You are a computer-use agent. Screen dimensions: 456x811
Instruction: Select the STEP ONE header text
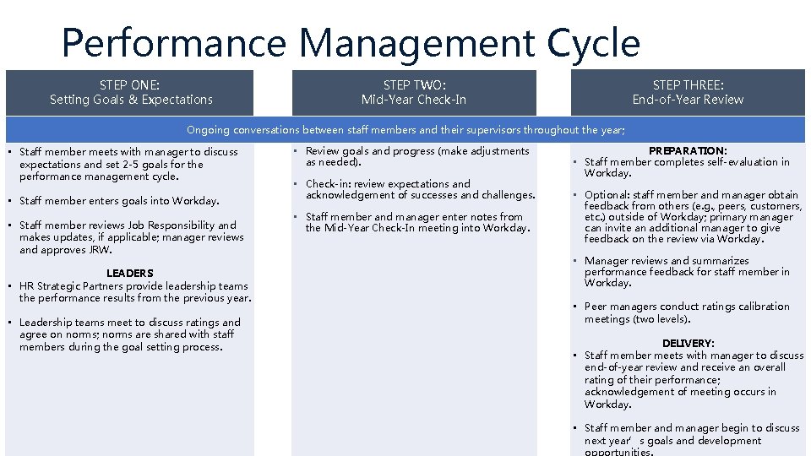click(x=129, y=84)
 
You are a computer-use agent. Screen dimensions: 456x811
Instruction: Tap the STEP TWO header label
click(x=413, y=84)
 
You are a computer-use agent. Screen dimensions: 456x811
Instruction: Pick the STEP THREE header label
click(x=688, y=84)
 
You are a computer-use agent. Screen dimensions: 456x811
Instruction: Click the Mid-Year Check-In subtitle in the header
click(x=413, y=100)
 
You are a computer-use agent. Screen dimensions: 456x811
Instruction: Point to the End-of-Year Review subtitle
click(x=688, y=100)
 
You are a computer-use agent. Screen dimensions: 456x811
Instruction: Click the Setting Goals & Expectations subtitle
click(x=131, y=100)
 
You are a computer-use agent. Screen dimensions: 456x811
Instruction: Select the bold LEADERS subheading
click(x=130, y=274)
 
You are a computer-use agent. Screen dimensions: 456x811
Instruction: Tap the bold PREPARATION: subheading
click(x=688, y=151)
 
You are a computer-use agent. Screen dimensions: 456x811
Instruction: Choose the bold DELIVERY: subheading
click(x=688, y=344)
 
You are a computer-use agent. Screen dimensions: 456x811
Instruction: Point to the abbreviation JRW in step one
click(x=100, y=250)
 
